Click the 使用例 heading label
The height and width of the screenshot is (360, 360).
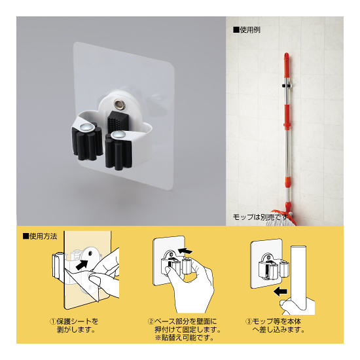point(247,30)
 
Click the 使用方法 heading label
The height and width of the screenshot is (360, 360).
point(40,236)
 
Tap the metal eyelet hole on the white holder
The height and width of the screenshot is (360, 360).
point(118,104)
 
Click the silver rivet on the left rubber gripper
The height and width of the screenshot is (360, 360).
point(86,127)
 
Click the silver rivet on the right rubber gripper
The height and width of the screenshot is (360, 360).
point(118,135)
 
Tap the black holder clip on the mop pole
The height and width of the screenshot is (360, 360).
point(287,86)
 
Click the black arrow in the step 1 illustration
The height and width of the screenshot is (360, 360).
point(82,264)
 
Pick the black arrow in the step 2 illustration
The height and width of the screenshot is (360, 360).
point(185,251)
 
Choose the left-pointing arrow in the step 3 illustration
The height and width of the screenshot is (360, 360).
point(280,292)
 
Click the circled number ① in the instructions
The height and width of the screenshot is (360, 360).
point(52,321)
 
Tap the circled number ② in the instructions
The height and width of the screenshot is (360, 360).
point(151,321)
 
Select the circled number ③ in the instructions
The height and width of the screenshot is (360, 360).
point(249,321)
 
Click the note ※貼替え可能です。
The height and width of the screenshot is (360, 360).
point(185,338)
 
